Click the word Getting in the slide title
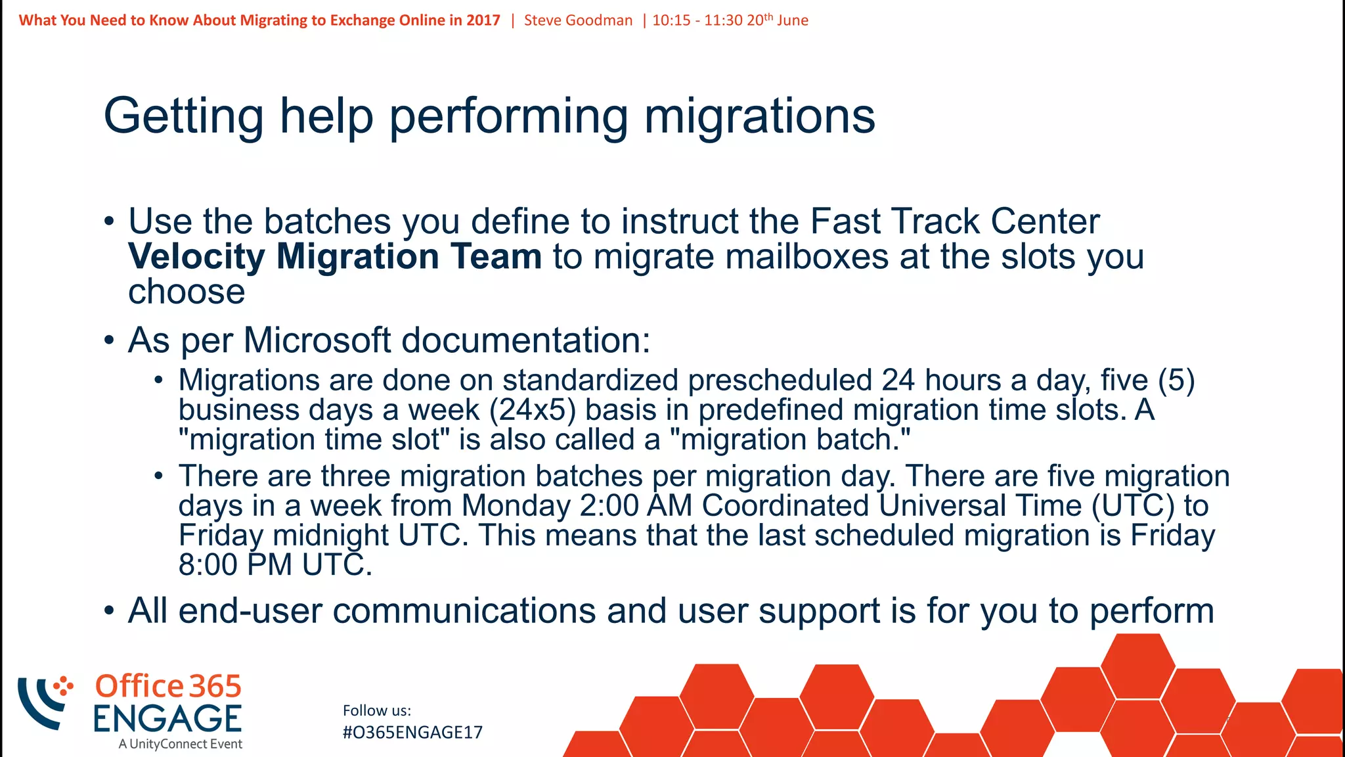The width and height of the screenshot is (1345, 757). tap(183, 116)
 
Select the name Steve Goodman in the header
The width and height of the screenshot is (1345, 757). tap(578, 20)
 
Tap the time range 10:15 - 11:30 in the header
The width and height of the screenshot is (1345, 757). tap(697, 20)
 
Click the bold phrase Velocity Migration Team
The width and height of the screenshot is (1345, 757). tap(335, 256)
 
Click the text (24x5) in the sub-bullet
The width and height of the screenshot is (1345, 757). tap(533, 411)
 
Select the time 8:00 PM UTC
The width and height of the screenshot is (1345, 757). tap(275, 565)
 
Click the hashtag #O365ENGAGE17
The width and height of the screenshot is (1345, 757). tap(412, 733)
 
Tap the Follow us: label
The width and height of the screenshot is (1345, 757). tap(377, 710)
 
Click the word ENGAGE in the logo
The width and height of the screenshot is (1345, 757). tap(167, 718)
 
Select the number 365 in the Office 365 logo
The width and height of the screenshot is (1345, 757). tap(215, 687)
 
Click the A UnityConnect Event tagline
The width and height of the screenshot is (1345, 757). tap(181, 744)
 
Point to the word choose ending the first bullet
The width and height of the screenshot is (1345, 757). tap(187, 292)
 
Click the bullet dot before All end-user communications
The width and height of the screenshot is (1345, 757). tap(109, 611)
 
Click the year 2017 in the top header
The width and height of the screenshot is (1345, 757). tap(483, 20)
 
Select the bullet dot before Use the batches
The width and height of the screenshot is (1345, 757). tap(109, 221)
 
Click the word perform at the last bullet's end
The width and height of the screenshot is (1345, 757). tap(1151, 611)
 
